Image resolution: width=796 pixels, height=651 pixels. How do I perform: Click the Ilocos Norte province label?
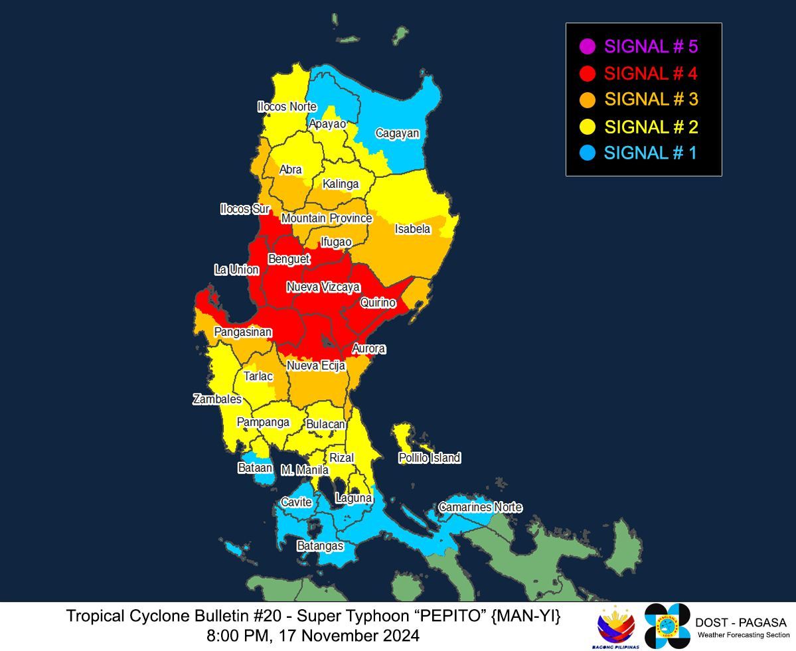pos(287,107)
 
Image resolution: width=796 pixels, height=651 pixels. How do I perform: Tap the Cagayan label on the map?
pos(397,133)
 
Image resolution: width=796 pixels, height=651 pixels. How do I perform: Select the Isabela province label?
pos(412,230)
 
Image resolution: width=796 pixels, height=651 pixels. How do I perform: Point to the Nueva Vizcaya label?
pos(323,287)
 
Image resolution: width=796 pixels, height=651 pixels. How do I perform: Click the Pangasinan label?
pos(243,332)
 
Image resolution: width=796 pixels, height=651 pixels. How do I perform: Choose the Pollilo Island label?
pos(429,458)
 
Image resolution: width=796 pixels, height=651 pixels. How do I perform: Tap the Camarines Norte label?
pos(479,508)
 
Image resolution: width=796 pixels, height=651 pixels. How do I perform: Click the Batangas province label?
pos(320,545)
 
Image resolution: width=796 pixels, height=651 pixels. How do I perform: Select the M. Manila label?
pos(305,470)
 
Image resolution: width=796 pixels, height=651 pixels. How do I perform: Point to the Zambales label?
pos(217,399)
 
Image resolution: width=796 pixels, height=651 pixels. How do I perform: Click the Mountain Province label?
pos(327,218)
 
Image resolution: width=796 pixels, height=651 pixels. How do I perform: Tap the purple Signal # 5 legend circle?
pos(587,46)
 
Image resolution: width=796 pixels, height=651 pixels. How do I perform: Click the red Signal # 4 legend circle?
pos(587,73)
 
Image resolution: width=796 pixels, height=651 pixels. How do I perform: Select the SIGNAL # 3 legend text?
pos(651,100)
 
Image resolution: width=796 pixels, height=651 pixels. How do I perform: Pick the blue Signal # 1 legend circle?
pos(587,153)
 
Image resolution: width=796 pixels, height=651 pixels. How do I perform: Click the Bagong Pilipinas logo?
pos(616,627)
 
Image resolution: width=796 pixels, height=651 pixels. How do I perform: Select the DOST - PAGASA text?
pos(740,622)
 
